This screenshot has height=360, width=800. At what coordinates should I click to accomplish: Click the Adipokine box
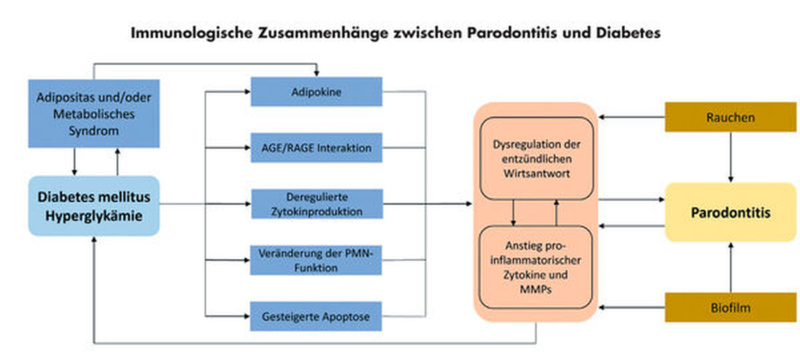coord(316,92)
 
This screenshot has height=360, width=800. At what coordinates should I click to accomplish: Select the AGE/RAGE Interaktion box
coord(316,148)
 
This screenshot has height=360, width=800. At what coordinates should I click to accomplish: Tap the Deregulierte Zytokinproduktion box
coord(317,204)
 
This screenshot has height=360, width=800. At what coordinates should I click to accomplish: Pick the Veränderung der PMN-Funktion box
coord(316,260)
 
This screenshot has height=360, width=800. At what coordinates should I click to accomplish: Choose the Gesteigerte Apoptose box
coord(316,316)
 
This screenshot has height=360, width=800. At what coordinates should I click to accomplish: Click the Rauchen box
coord(730,117)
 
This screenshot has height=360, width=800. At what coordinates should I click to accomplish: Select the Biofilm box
coord(730,308)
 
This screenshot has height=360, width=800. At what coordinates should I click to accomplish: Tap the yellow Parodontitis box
coord(730,212)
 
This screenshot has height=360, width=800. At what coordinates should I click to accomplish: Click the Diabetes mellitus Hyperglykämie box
coord(94,206)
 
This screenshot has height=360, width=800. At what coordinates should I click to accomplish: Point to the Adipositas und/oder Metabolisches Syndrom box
coord(94,114)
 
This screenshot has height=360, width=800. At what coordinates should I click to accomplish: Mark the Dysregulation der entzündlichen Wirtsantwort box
coord(536,159)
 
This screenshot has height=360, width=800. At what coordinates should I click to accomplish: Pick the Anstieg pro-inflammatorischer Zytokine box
coord(535,267)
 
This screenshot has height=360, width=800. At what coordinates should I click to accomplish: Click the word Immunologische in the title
coord(192,33)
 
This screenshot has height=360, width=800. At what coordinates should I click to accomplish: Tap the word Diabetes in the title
coord(628,33)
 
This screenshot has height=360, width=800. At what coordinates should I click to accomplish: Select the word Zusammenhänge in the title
coord(323,33)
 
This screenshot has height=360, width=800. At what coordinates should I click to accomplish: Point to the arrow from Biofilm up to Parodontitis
coord(731,267)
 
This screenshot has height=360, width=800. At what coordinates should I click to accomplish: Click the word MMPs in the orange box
coord(535,289)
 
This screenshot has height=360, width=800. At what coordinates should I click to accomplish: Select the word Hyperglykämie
coord(94,216)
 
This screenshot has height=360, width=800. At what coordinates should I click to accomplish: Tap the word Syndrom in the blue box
coord(93,131)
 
